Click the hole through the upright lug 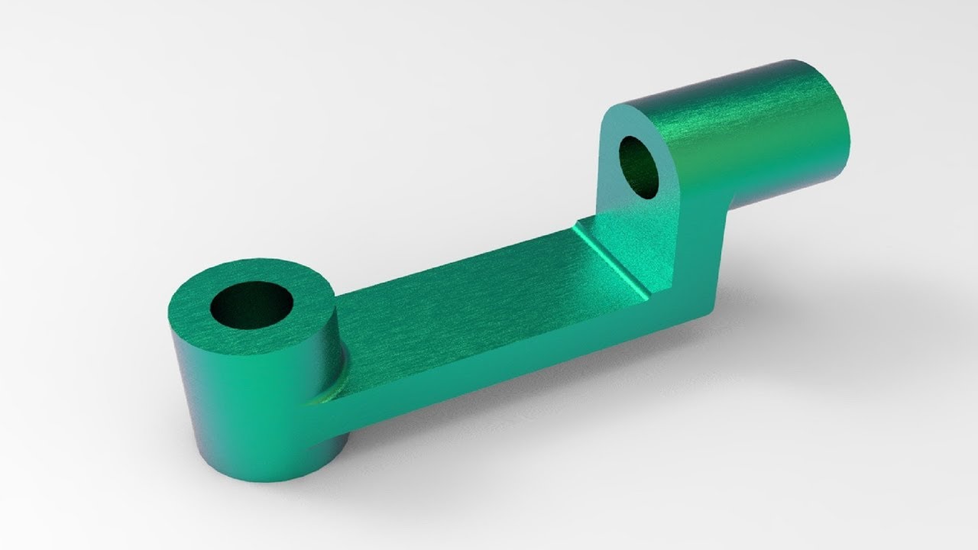tap(640, 167)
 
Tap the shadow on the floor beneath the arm tap(535, 412)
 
